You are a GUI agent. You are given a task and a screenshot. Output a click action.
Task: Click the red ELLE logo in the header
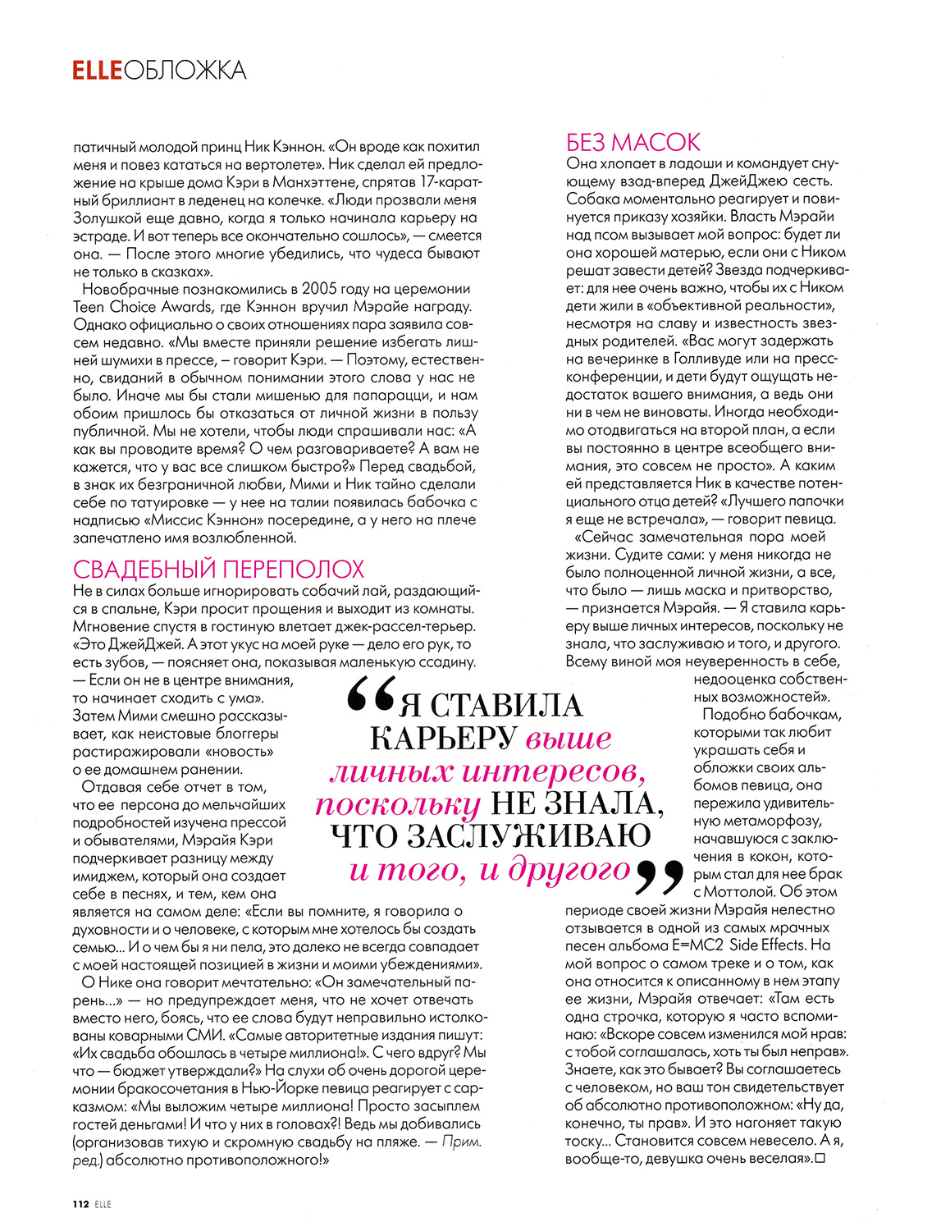coord(97,71)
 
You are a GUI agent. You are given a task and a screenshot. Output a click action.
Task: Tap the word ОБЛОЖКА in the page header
coord(185,71)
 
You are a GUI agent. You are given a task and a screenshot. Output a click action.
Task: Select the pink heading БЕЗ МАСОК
coord(633,143)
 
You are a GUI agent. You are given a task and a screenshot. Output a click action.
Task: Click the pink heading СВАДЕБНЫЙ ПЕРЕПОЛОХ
coord(218,570)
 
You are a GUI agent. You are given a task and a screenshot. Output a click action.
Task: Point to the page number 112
coord(80,1204)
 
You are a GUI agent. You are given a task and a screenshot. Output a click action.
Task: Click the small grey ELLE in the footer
coord(103,1204)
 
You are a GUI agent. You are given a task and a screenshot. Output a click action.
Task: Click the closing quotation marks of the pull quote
coord(660,876)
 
